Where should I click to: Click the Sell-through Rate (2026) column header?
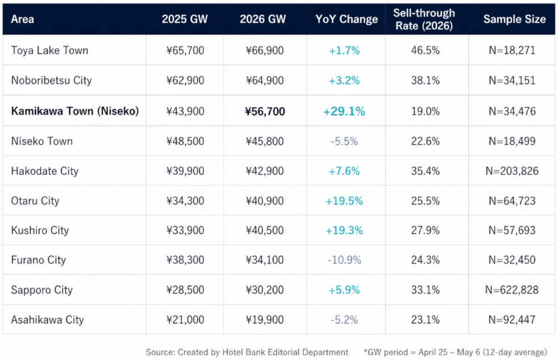pos(424,19)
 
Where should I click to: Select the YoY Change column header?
pos(346,19)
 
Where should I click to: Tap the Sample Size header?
pos(515,19)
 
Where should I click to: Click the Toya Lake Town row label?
pos(50,50)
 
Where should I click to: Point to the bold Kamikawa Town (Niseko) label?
pos(75,111)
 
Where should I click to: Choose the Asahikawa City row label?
pos(47,320)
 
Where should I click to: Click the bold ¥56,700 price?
pos(265,111)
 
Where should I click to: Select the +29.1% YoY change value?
pos(344,111)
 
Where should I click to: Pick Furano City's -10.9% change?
pos(344,260)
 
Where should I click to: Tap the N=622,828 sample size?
pos(512,290)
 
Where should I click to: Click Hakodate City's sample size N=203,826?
pos(512,171)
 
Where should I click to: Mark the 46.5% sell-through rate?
pos(425,50)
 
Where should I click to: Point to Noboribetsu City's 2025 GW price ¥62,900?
pos(185,80)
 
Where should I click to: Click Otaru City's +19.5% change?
pos(344,201)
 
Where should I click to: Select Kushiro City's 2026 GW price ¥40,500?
pos(265,230)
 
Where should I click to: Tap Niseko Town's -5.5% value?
pos(344,141)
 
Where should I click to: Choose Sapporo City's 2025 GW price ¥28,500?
pos(185,290)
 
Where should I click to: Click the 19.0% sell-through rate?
pos(425,111)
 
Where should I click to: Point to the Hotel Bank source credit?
pos(247,352)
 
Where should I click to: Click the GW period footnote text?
pos(455,352)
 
